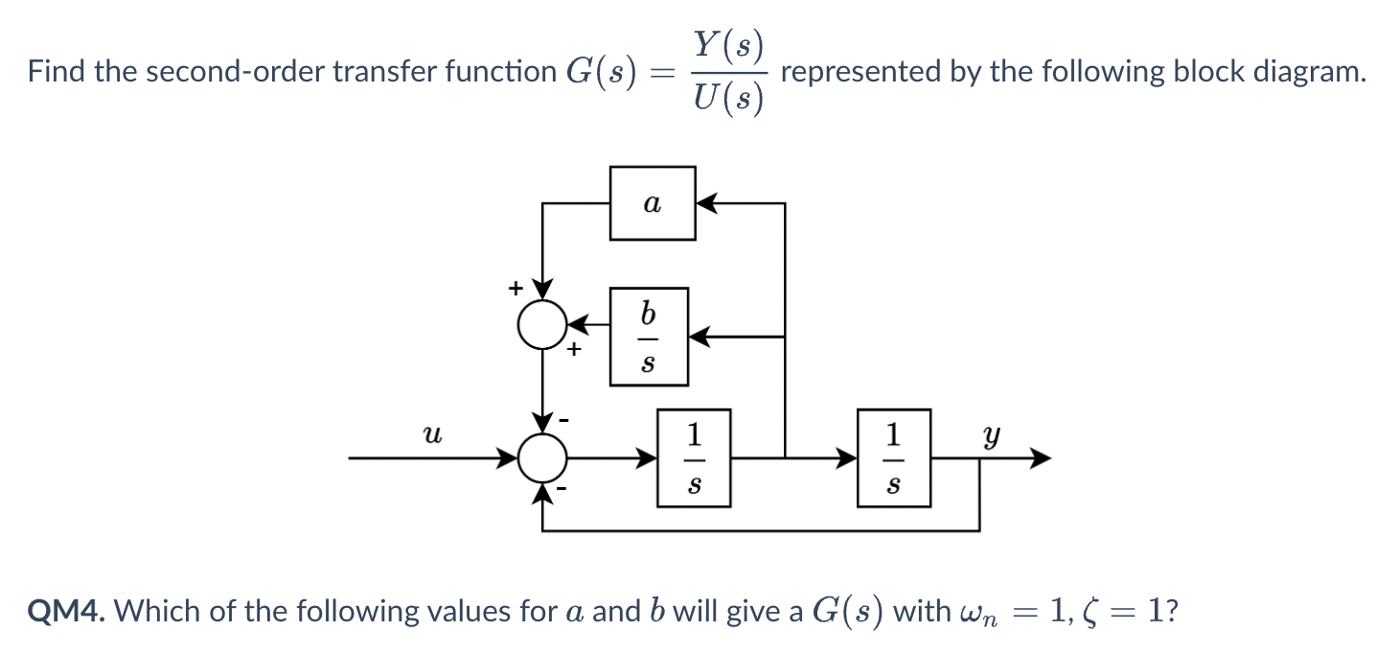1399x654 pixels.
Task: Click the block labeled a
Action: [x=653, y=203]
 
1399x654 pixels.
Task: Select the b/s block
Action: [x=649, y=337]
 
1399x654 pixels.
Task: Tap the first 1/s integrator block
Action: [x=694, y=458]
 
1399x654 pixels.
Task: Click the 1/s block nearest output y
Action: [x=893, y=458]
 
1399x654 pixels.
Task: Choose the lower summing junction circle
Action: [x=542, y=459]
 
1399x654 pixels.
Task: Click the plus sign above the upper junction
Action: [x=515, y=287]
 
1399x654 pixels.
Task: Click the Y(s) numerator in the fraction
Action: [x=728, y=44]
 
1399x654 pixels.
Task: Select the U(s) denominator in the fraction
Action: [x=728, y=98]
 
